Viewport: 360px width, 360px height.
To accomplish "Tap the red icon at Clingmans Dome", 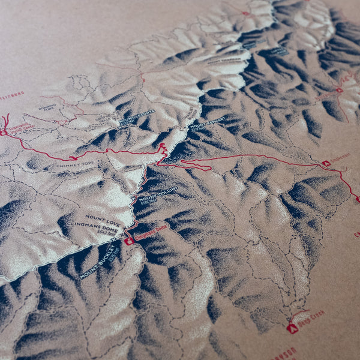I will click(x=128, y=241).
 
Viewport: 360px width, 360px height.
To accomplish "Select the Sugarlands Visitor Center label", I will click(x=22, y=127).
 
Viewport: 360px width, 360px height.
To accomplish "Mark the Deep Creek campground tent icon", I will click(x=292, y=328).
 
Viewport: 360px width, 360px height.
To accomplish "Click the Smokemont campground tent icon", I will click(x=326, y=163).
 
